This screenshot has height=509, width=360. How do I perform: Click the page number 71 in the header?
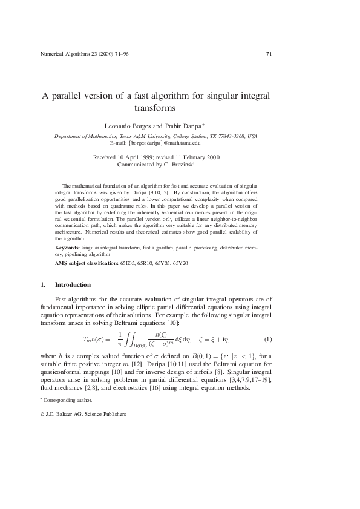tap(269, 54)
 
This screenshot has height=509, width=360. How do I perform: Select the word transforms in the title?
tap(154, 109)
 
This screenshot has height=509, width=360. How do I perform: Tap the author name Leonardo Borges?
tap(129, 126)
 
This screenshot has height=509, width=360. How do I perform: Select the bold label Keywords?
tap(67, 248)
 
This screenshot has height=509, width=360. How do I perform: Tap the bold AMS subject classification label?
tap(87, 264)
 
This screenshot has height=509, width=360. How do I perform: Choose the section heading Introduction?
tap(73, 284)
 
